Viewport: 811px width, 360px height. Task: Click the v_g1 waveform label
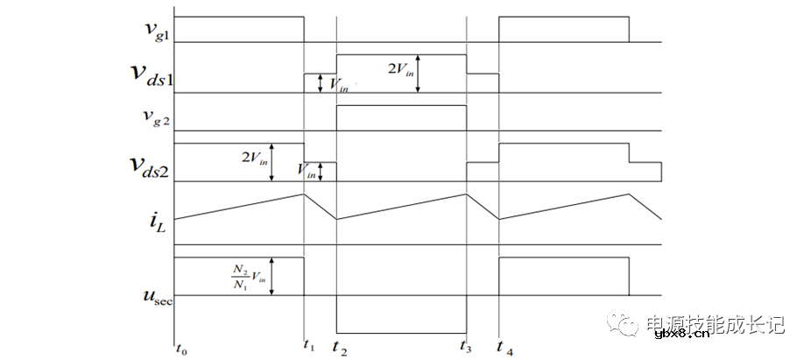click(155, 29)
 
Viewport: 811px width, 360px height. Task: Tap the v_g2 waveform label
click(155, 116)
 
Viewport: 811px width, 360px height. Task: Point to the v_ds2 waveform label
click(150, 167)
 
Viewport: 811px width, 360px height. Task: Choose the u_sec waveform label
click(158, 298)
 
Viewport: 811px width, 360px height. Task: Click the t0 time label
click(181, 349)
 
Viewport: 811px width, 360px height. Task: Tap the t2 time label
click(341, 348)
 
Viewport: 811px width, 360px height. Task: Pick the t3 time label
click(467, 348)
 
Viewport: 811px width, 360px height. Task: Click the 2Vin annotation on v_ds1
click(401, 69)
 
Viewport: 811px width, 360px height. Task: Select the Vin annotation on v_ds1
click(339, 85)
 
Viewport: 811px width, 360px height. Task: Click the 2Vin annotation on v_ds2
click(255, 158)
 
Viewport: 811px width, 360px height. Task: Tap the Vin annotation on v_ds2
click(307, 171)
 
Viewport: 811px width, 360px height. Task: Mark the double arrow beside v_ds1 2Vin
click(418, 74)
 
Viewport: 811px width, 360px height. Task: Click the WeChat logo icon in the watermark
click(624, 322)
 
